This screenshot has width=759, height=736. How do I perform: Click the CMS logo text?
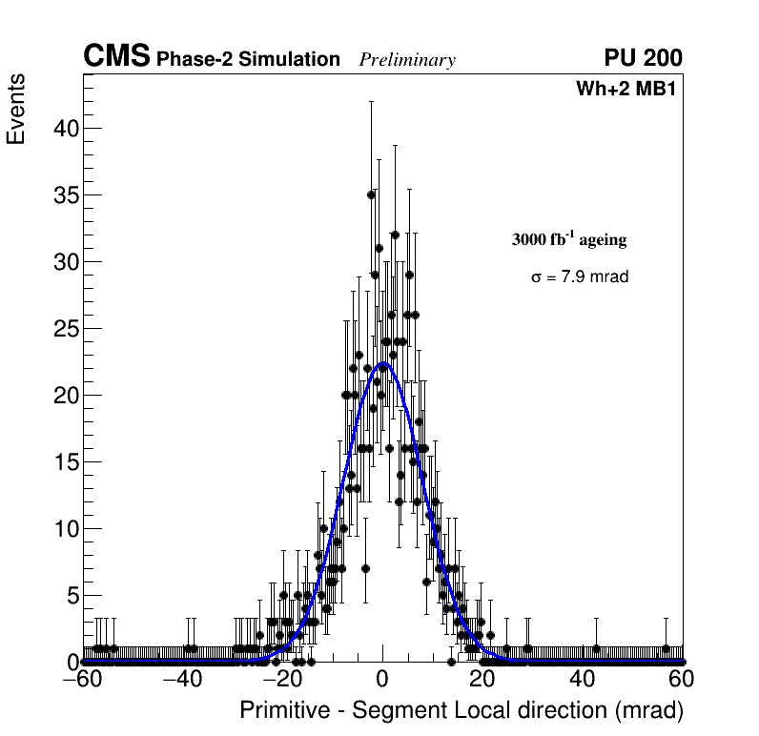click(116, 57)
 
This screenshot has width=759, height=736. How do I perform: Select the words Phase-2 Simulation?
click(248, 60)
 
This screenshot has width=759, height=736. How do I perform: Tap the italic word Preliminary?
click(407, 61)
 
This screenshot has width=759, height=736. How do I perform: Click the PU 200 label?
click(643, 58)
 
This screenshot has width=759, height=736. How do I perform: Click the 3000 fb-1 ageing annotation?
click(569, 239)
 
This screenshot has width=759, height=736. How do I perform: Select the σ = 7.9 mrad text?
click(580, 277)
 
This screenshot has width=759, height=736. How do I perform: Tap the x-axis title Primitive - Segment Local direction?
click(462, 711)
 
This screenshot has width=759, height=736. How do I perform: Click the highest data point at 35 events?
click(371, 194)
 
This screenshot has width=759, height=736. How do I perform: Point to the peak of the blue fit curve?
click(383, 363)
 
